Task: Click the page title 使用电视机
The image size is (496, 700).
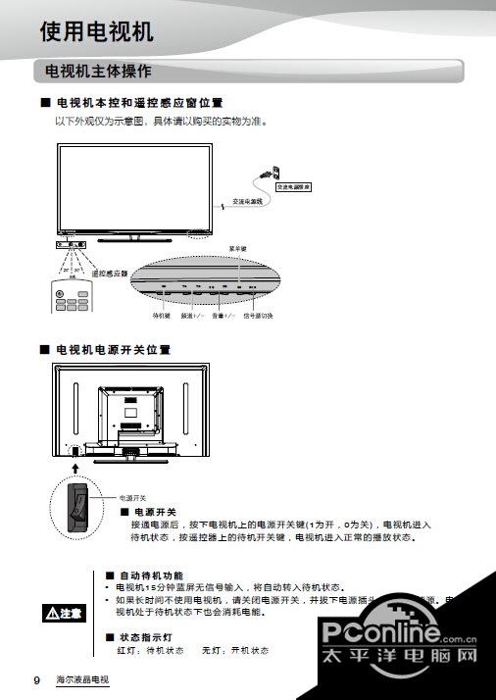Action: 96,32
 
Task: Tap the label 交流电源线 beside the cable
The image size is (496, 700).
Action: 249,202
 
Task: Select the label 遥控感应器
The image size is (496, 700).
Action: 110,273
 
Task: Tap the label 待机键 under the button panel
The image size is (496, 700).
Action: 162,316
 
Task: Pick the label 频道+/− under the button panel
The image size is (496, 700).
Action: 192,316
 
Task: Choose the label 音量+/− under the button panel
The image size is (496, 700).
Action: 223,316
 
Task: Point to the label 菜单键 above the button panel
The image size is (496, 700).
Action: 237,249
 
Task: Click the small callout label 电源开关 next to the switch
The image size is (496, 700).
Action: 131,497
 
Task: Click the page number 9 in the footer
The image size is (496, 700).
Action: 36,679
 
